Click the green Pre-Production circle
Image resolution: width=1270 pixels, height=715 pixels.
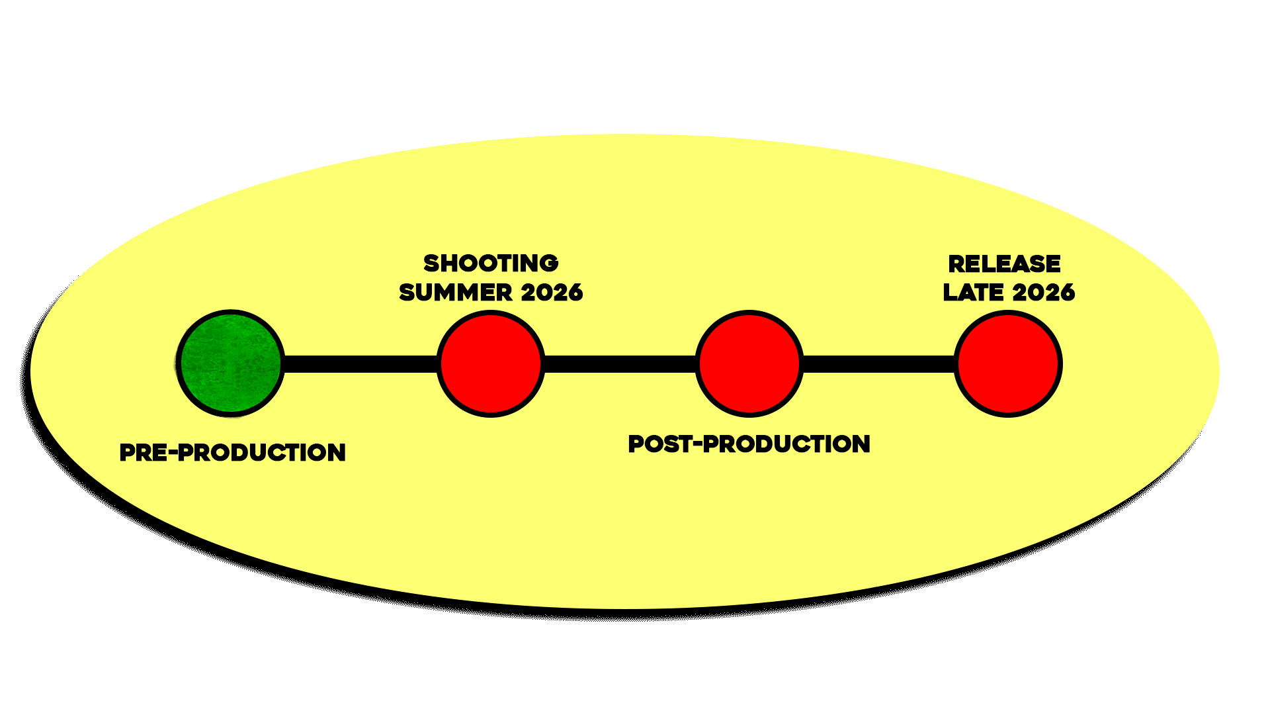231,363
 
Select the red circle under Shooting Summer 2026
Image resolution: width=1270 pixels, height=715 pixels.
490,363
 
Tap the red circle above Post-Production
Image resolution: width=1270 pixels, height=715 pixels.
749,363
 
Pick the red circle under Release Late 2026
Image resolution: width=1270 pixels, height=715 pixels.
1007,363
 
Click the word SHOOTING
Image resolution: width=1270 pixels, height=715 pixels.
491,263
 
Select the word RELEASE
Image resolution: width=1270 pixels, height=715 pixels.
1004,264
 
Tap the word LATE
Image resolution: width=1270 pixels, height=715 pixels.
973,293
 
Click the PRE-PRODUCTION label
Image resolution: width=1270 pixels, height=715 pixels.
232,453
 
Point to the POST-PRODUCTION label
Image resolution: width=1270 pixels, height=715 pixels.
749,444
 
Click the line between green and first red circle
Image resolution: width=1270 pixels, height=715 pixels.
360,364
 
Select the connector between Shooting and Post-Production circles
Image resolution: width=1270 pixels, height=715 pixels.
620,364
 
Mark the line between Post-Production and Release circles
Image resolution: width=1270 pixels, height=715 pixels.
878,364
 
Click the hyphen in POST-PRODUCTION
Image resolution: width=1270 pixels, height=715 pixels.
697,444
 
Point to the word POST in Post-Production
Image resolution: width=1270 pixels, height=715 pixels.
659,444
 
